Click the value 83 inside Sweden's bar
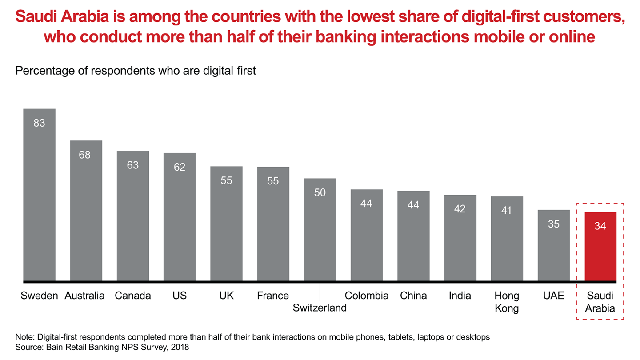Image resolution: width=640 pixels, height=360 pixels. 39,123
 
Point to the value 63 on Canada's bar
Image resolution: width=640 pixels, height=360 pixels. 132,165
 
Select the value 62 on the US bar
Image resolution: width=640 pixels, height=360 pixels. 180,168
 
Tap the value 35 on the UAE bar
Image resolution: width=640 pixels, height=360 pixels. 554,224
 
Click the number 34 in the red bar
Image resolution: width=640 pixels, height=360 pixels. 600,226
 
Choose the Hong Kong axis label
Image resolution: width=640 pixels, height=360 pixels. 507,302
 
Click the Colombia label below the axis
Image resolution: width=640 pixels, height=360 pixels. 367,296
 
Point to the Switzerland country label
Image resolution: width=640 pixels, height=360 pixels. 320,308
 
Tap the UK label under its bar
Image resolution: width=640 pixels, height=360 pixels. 226,296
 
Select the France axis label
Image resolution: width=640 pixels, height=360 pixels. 273,296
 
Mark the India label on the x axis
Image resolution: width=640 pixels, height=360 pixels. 460,296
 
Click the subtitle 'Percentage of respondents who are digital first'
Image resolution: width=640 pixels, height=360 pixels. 136,71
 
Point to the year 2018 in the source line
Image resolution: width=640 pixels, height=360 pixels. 180,347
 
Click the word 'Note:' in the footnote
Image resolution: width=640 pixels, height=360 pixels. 25,337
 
